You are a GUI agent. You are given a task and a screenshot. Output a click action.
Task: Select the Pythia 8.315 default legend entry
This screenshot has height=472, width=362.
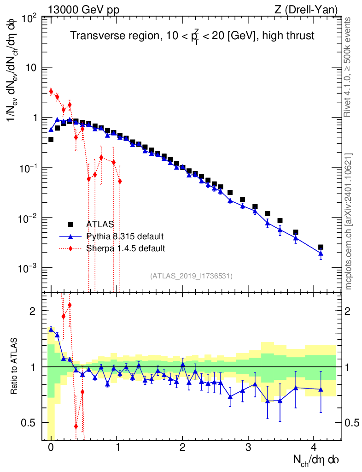point(124,236)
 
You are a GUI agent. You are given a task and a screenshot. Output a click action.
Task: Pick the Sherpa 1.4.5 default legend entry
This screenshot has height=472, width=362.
point(125,248)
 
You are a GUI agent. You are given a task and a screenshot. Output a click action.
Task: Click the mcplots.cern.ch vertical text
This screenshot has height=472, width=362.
point(349,222)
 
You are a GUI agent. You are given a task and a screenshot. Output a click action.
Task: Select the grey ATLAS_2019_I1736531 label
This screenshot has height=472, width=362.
point(191,276)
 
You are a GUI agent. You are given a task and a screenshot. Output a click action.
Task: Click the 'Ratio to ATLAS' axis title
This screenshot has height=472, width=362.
point(15,366)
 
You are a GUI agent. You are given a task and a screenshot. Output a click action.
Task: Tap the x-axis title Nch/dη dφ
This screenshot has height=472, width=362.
point(316,459)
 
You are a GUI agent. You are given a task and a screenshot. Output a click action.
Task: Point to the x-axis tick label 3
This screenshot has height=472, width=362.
point(248,448)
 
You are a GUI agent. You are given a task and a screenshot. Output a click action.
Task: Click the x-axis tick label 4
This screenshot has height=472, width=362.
point(314,448)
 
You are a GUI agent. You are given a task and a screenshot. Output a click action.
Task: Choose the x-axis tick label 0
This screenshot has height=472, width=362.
point(51,448)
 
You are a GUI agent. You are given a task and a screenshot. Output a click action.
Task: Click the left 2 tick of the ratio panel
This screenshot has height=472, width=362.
point(33,311)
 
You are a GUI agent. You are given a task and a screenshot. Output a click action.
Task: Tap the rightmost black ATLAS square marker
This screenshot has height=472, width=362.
point(321,248)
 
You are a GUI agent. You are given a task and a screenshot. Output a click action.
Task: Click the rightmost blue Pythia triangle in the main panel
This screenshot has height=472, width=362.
point(321,253)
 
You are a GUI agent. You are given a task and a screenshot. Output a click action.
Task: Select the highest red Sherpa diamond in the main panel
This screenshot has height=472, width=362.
point(51,91)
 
